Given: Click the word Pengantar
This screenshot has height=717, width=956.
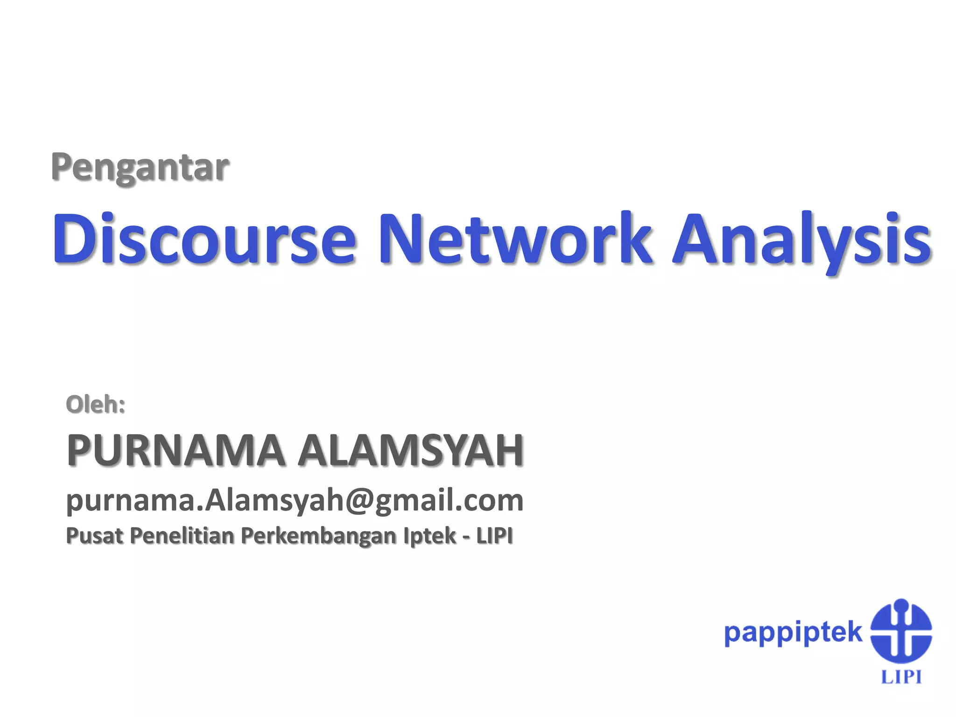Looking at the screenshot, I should [x=140, y=167].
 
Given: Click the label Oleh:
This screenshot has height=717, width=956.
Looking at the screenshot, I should [x=96, y=404].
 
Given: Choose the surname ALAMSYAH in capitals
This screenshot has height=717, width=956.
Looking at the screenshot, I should [x=411, y=450].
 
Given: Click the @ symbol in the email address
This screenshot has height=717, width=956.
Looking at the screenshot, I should [x=359, y=500].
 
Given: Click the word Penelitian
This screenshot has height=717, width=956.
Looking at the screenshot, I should [x=182, y=535].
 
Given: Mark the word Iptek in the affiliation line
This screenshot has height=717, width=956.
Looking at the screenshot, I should [x=429, y=536].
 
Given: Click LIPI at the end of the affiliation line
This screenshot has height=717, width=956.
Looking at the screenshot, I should [x=494, y=535].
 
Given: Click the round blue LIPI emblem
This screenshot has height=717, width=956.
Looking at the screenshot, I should [x=901, y=633].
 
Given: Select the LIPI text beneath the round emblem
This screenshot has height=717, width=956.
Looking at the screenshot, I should [x=901, y=677].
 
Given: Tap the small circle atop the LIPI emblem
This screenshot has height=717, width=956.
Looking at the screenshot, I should [x=901, y=605].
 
